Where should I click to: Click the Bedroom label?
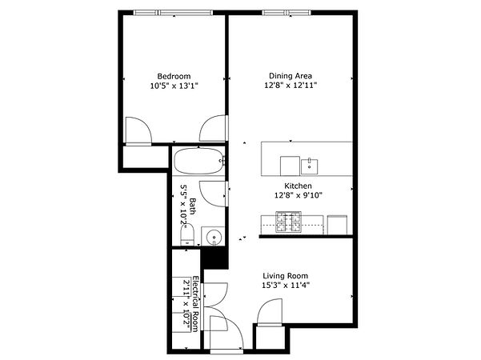tap(174, 76)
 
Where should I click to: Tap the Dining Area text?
tap(291, 76)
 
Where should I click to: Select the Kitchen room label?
tap(298, 186)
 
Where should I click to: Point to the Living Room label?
tap(285, 276)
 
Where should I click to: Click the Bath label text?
tap(192, 206)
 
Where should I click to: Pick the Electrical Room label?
tap(195, 303)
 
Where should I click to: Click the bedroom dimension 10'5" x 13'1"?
tap(174, 86)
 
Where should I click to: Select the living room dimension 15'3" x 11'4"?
tap(285, 286)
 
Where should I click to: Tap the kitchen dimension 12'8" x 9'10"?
tap(298, 195)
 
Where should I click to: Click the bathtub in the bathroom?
tap(198, 161)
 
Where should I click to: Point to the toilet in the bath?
tap(187, 234)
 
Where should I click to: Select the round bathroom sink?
tap(214, 237)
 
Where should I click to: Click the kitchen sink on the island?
tap(309, 166)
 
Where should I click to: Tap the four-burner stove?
tap(288, 222)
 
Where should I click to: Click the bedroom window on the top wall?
tap(174, 13)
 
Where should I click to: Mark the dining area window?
tap(287, 13)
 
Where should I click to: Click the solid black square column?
tap(214, 258)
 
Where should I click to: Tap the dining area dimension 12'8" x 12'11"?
tap(291, 86)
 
